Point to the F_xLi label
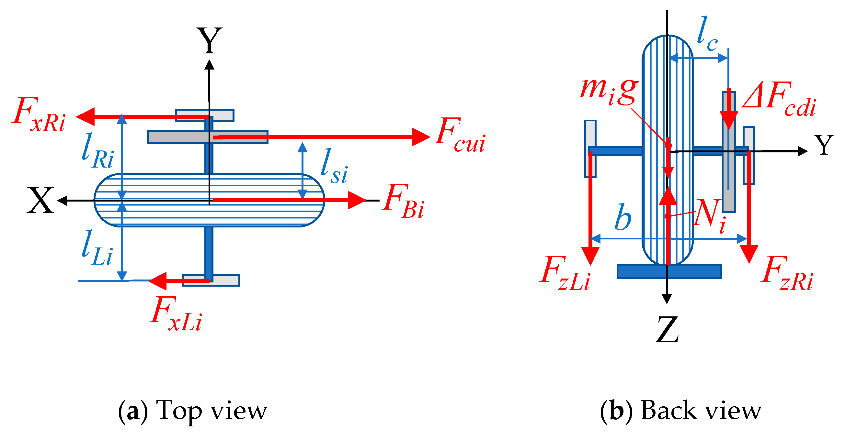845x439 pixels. click(x=176, y=314)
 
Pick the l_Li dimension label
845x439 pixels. click(x=97, y=248)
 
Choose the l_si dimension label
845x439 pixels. click(x=334, y=166)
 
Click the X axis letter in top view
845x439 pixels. click(x=40, y=201)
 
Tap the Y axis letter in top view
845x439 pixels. click(x=209, y=41)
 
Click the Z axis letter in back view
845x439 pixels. click(x=667, y=329)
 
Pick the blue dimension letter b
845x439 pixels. click(x=622, y=217)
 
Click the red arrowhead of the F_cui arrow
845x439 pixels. click(x=420, y=137)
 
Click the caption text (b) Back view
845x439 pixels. click(x=681, y=410)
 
